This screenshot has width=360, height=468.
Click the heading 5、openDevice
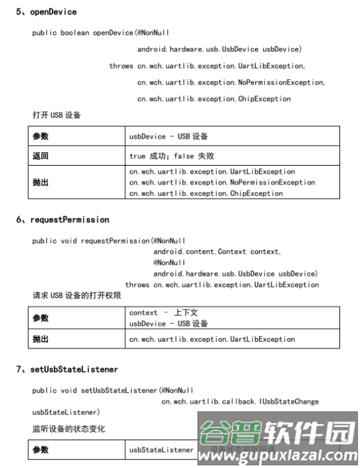click(x=46, y=12)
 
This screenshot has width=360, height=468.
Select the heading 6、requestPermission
click(x=63, y=220)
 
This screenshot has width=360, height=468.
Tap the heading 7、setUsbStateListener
click(x=67, y=370)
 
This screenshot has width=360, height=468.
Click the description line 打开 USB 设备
click(x=56, y=116)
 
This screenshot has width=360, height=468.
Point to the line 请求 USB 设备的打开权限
click(x=77, y=295)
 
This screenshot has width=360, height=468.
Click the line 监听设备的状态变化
click(x=69, y=428)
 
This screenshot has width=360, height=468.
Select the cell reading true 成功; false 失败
click(x=171, y=155)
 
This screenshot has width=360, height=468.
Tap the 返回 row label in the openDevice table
click(x=40, y=155)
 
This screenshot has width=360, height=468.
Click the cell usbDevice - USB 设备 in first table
click(x=168, y=137)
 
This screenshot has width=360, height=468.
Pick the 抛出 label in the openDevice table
click(x=40, y=182)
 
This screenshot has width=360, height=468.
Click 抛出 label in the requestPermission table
click(x=40, y=339)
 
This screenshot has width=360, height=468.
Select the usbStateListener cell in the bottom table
click(x=161, y=449)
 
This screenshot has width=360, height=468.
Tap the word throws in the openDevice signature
click(x=121, y=66)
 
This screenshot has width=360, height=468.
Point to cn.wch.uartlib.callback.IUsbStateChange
click(x=239, y=401)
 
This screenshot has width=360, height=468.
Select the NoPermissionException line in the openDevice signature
click(x=231, y=82)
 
